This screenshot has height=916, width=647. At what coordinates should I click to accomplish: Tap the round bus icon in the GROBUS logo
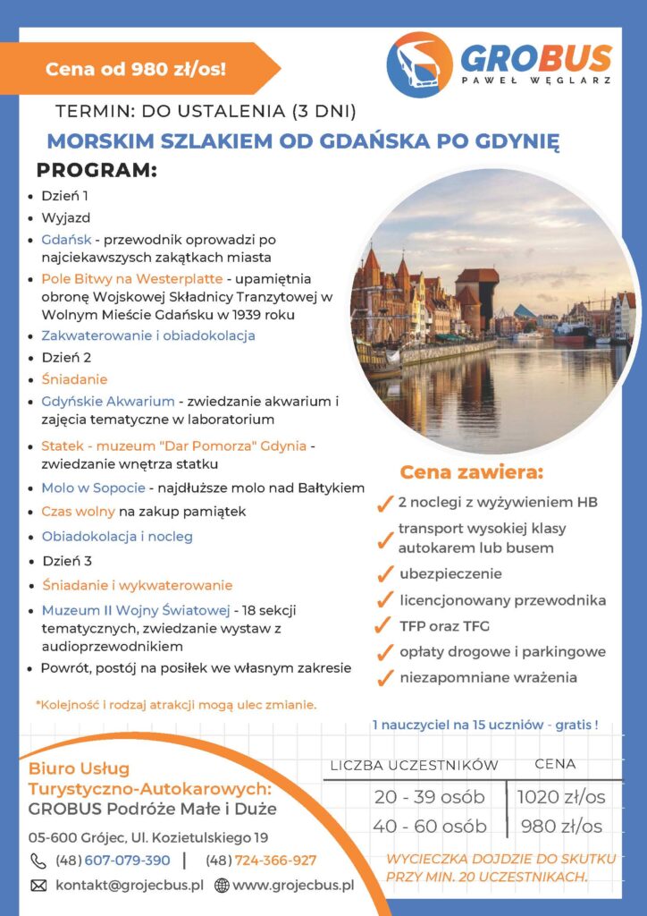point(419,64)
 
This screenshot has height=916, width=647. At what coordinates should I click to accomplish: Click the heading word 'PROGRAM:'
point(97,170)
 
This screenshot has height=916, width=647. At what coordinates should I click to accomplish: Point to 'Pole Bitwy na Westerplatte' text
point(132,278)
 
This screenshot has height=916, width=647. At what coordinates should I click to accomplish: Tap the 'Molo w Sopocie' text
point(93,488)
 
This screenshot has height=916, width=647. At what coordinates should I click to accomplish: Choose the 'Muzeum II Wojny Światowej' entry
point(135,610)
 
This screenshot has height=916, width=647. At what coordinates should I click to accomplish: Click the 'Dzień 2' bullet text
point(67,357)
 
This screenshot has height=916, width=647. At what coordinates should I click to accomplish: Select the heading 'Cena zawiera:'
point(471,471)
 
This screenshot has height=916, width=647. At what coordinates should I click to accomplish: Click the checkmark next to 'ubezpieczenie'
point(386,574)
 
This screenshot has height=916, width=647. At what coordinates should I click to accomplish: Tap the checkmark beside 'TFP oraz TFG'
point(385,626)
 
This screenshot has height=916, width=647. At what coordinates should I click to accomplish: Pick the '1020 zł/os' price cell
point(561,796)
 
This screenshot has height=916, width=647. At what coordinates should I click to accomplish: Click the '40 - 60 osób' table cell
point(430,826)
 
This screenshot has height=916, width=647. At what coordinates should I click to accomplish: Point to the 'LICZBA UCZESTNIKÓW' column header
point(415,766)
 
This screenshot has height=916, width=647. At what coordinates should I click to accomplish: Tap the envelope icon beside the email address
point(38,886)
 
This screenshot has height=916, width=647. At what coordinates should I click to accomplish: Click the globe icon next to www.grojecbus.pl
point(222,886)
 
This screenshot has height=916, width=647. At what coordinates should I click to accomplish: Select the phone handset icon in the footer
point(38,861)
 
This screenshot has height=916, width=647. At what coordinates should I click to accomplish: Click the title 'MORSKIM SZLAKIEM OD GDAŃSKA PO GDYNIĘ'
point(303,141)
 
